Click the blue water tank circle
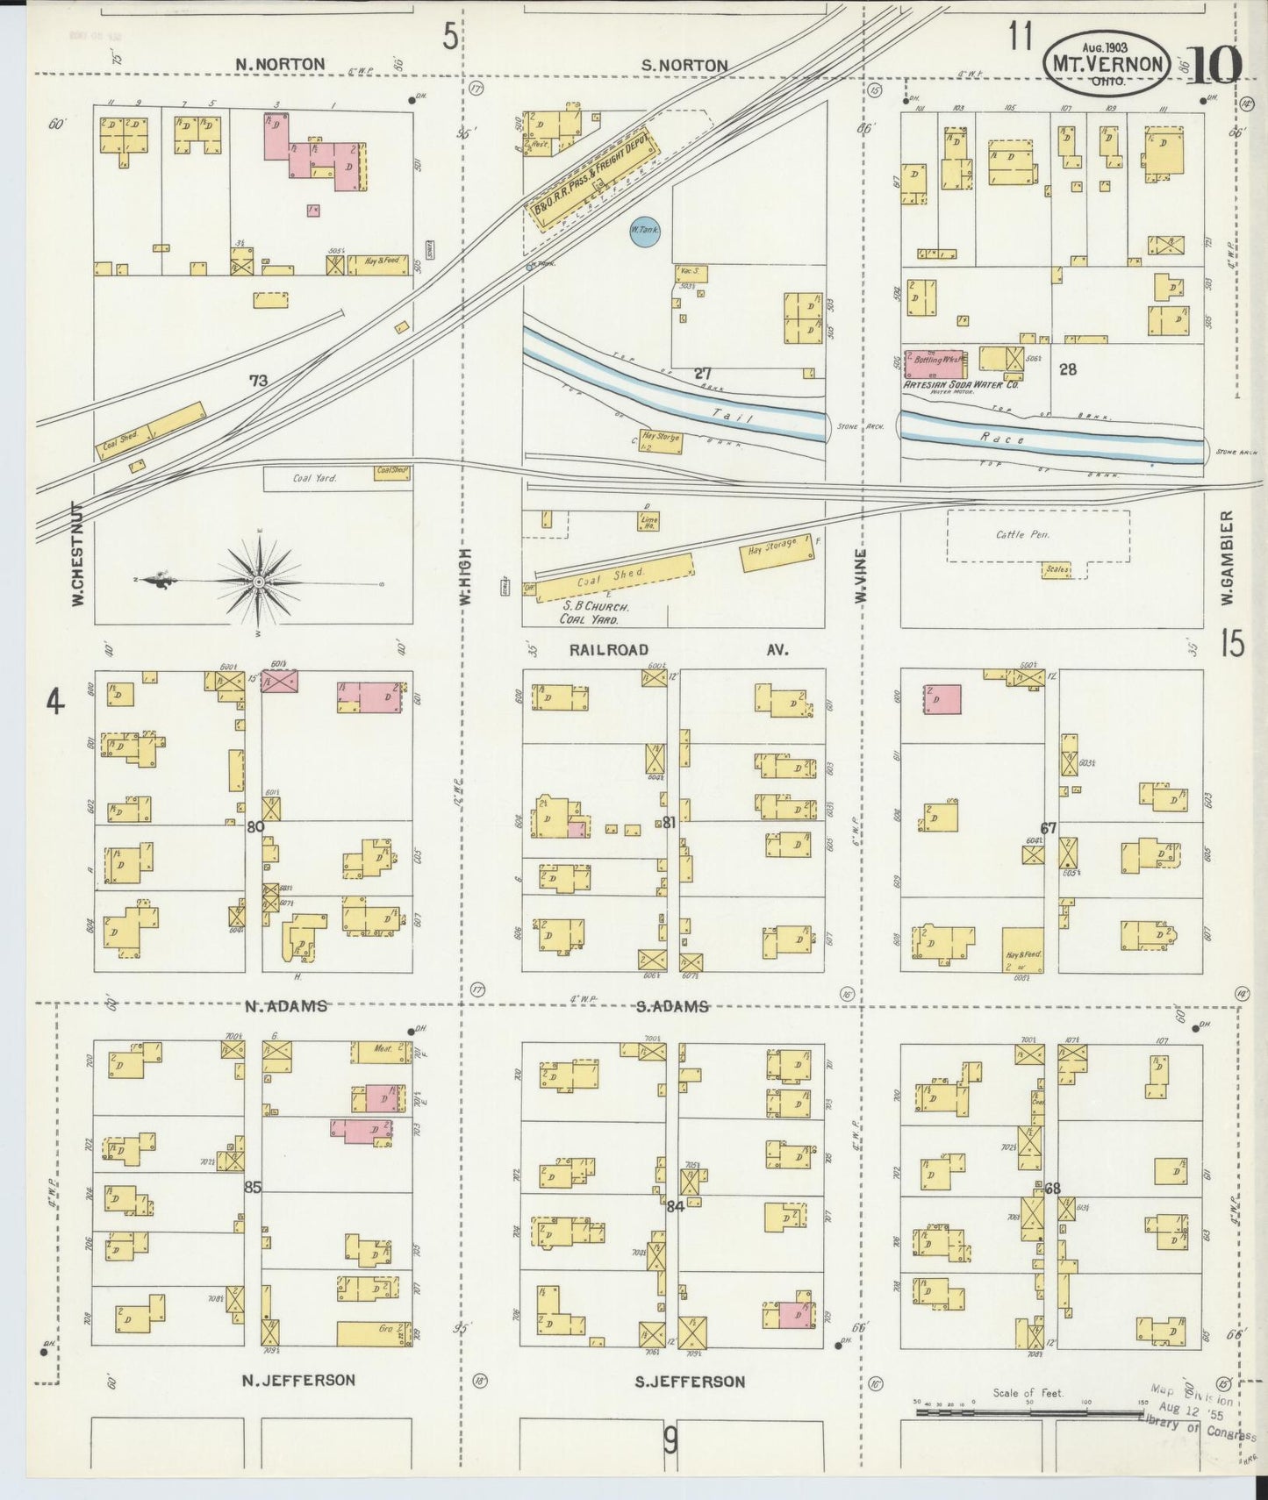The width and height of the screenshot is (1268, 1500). (x=644, y=231)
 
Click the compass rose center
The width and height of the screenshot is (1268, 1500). (x=260, y=582)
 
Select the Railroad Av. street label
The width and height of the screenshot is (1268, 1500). (x=678, y=650)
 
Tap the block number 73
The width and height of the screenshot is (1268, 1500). (x=258, y=381)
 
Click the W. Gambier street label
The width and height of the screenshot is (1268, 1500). (x=1228, y=558)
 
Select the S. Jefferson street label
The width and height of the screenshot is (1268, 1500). (x=690, y=1382)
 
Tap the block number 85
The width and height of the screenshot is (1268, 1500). (x=253, y=1188)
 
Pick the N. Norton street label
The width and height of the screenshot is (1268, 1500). (x=280, y=64)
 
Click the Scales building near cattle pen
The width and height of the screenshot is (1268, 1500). (x=1057, y=570)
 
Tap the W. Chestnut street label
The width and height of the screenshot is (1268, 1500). (x=77, y=555)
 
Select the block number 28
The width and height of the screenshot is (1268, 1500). (x=1067, y=369)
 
